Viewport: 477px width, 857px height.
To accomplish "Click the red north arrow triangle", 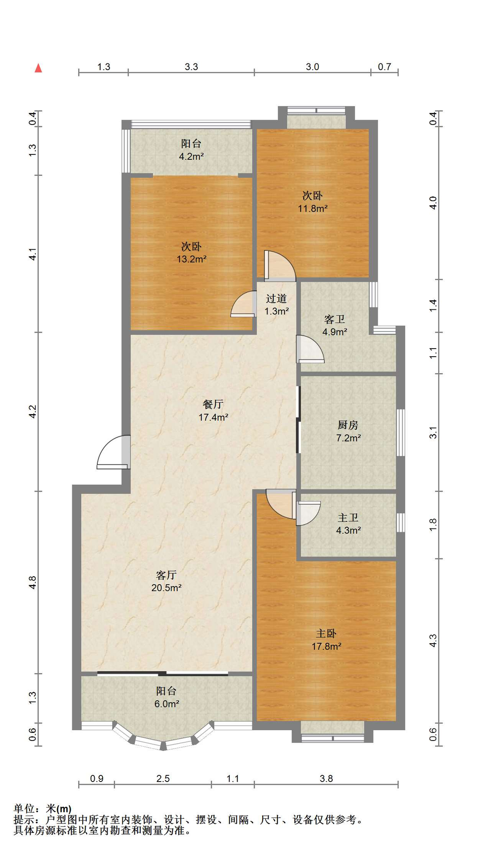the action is pyautogui.click(x=38, y=68).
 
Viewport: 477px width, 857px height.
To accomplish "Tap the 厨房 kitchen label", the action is pyautogui.click(x=348, y=425).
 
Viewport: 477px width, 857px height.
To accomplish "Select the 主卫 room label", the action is pyautogui.click(x=348, y=517).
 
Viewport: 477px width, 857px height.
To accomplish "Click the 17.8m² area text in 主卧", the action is pyautogui.click(x=326, y=646).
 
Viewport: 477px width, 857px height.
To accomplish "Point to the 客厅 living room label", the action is pyautogui.click(x=166, y=575).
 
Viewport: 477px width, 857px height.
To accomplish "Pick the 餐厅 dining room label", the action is pyautogui.click(x=213, y=404).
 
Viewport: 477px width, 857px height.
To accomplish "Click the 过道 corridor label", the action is pyautogui.click(x=276, y=298).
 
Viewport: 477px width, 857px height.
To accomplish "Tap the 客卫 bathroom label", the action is pyautogui.click(x=335, y=319).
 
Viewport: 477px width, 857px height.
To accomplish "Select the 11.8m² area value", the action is pyautogui.click(x=313, y=208).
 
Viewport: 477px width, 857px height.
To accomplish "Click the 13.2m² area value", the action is pyautogui.click(x=192, y=259).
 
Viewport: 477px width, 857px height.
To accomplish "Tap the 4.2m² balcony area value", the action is pyautogui.click(x=191, y=156).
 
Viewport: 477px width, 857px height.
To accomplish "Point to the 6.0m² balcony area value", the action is pyautogui.click(x=167, y=704).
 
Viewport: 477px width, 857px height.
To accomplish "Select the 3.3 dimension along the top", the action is pyautogui.click(x=191, y=67).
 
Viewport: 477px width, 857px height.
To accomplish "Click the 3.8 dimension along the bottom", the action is pyautogui.click(x=326, y=778).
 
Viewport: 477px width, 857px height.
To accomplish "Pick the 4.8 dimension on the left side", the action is pyautogui.click(x=33, y=582).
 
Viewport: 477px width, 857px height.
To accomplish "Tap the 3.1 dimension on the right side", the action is pyautogui.click(x=433, y=433).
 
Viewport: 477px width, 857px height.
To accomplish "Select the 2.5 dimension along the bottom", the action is pyautogui.click(x=163, y=778).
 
